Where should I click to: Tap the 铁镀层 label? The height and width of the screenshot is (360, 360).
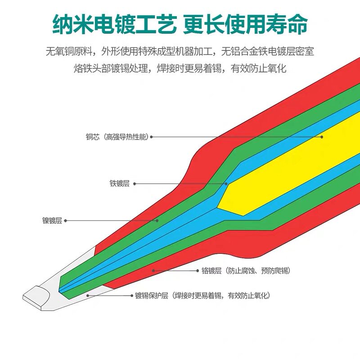click(119, 184)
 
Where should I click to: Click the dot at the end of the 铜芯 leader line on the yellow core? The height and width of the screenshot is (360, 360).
click(322, 137)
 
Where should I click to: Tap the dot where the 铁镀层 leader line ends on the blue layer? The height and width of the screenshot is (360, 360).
click(226, 184)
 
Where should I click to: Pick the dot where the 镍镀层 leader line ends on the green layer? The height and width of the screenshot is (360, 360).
click(157, 220)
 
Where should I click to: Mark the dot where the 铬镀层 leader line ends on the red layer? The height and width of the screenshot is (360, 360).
click(153, 270)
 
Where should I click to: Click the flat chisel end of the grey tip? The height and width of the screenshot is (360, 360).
click(34, 298)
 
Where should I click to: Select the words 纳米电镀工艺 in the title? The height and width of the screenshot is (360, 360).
click(113, 23)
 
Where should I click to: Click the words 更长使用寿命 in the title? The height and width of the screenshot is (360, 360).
click(245, 23)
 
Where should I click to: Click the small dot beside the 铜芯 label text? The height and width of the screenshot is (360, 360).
click(152, 137)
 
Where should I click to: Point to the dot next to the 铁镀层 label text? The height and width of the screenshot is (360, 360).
click(135, 184)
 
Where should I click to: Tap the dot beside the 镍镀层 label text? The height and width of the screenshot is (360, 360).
click(66, 220)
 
